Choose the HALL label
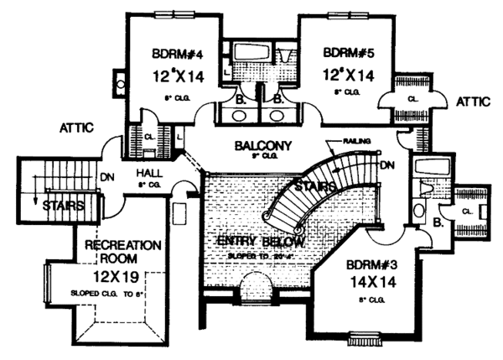tap(148, 173)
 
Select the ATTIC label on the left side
tap(75, 128)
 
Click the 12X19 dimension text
tap(115, 274)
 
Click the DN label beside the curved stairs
tap(386, 166)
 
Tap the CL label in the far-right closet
tap(472, 212)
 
